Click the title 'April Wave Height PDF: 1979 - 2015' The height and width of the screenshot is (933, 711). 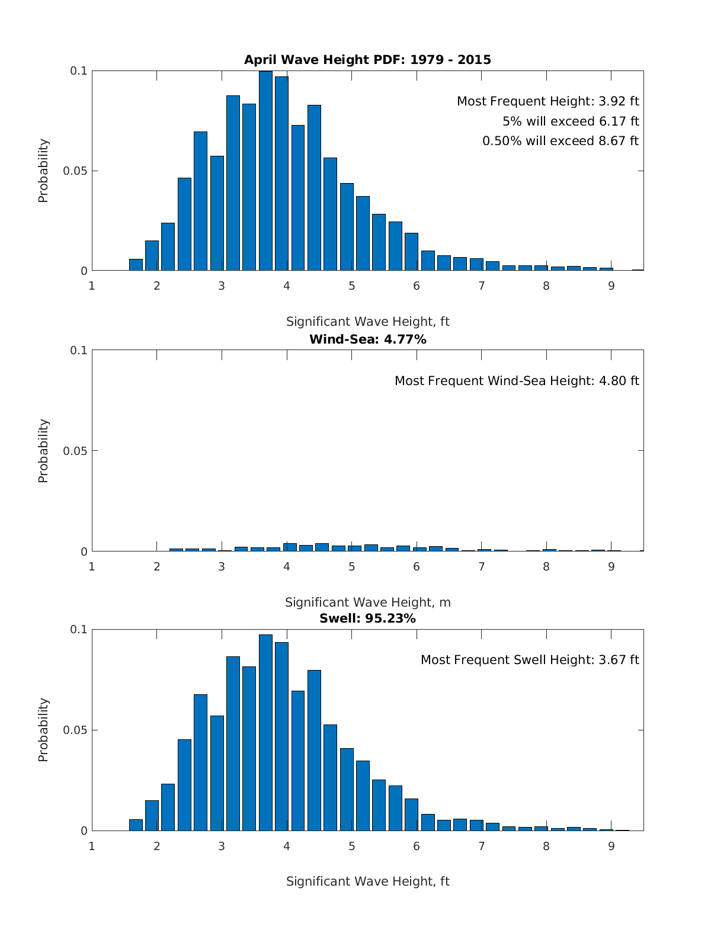(x=367, y=60)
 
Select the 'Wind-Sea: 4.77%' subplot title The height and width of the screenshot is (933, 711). (x=367, y=339)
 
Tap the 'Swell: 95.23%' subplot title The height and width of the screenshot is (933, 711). (x=367, y=618)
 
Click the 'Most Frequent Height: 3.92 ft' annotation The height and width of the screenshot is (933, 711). (x=547, y=101)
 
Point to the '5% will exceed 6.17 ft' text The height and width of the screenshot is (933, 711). (x=571, y=121)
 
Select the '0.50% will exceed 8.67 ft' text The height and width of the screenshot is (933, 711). (x=561, y=141)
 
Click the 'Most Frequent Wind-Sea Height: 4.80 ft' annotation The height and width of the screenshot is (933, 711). (x=517, y=381)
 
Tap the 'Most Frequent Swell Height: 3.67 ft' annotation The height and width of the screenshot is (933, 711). (x=530, y=660)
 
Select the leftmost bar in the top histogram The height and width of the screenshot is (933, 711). (x=136, y=265)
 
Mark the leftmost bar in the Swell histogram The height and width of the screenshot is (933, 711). (x=136, y=825)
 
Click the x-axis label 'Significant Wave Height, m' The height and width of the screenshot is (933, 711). (x=367, y=602)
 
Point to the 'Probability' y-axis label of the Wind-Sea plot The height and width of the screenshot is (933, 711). (x=43, y=451)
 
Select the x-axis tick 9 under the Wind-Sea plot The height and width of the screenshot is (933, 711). (x=611, y=566)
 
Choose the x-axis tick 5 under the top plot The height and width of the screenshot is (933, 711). (x=351, y=286)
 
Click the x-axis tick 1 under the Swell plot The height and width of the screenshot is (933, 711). (x=92, y=846)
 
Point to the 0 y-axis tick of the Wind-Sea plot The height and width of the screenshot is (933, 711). (x=84, y=552)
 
